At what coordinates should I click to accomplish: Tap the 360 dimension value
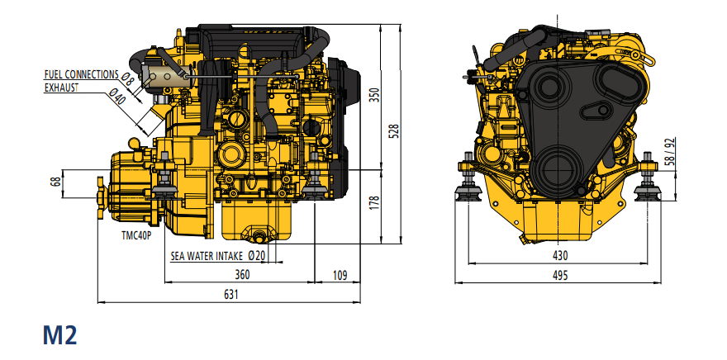pos(242,275)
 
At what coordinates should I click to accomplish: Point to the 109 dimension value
pos(339,275)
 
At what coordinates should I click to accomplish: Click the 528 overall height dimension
pos(394,130)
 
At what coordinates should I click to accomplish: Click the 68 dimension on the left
pos(56,182)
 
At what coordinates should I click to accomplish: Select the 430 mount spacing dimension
pos(560,257)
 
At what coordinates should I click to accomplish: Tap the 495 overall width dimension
pos(560,276)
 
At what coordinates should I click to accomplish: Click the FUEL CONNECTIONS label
pos(80,74)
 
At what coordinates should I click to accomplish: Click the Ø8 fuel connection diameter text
pos(127,79)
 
